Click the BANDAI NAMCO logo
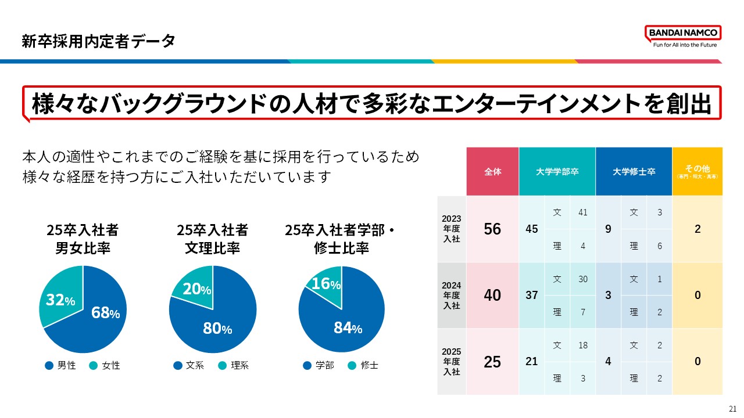tap(683, 36)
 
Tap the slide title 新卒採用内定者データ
tap(98, 41)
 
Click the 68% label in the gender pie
tap(105, 313)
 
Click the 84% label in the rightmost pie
tap(348, 328)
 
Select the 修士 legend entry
tap(363, 366)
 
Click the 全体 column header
tap(492, 172)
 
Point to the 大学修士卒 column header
tap(634, 172)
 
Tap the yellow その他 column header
tap(697, 172)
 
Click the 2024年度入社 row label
tap(451, 295)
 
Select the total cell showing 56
tap(492, 229)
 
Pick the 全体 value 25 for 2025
tap(492, 362)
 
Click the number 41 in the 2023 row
tap(582, 212)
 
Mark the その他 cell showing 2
tap(697, 229)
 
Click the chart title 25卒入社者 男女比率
tap(83, 239)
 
